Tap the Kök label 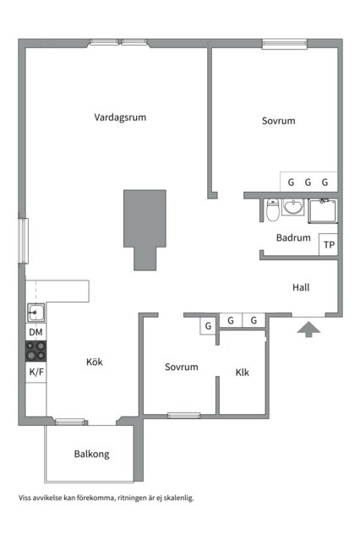point(95,362)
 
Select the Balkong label point(91,454)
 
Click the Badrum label point(293,238)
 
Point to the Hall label point(301,287)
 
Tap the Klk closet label point(243,372)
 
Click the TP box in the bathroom point(329,246)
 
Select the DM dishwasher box point(35,333)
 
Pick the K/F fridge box point(35,372)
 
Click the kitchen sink point(35,313)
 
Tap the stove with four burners point(35,351)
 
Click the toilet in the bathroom point(272,210)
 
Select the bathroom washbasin point(294,207)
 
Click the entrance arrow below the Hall point(308,329)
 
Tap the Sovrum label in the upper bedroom point(279,122)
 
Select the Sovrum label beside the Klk point(182,367)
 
